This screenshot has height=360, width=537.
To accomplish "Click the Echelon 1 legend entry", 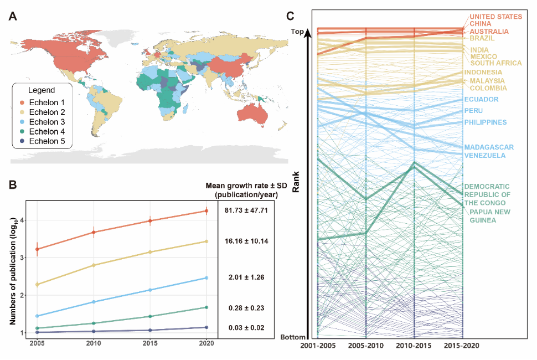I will [x=47, y=103].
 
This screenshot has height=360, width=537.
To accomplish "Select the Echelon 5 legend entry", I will [x=47, y=141].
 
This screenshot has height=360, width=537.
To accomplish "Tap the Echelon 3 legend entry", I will [x=47, y=122].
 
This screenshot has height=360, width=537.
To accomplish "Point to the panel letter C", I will [x=290, y=17].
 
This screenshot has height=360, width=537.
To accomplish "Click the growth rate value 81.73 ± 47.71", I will [x=246, y=210].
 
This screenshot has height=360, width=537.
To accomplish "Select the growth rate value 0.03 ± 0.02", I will [x=246, y=328].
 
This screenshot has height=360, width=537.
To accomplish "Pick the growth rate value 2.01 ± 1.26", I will [x=246, y=277].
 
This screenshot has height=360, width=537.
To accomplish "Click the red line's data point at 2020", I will [x=206, y=210].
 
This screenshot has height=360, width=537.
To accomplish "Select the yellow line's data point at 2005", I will [x=37, y=285].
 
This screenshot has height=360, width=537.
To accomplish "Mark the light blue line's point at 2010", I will [x=94, y=302].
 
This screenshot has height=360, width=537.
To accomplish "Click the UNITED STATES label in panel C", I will [x=496, y=17].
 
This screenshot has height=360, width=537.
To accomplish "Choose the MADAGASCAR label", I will [x=489, y=147].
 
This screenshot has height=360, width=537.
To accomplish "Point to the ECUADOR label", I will [x=481, y=100].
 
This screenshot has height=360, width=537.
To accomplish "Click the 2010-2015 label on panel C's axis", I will [x=414, y=345].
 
